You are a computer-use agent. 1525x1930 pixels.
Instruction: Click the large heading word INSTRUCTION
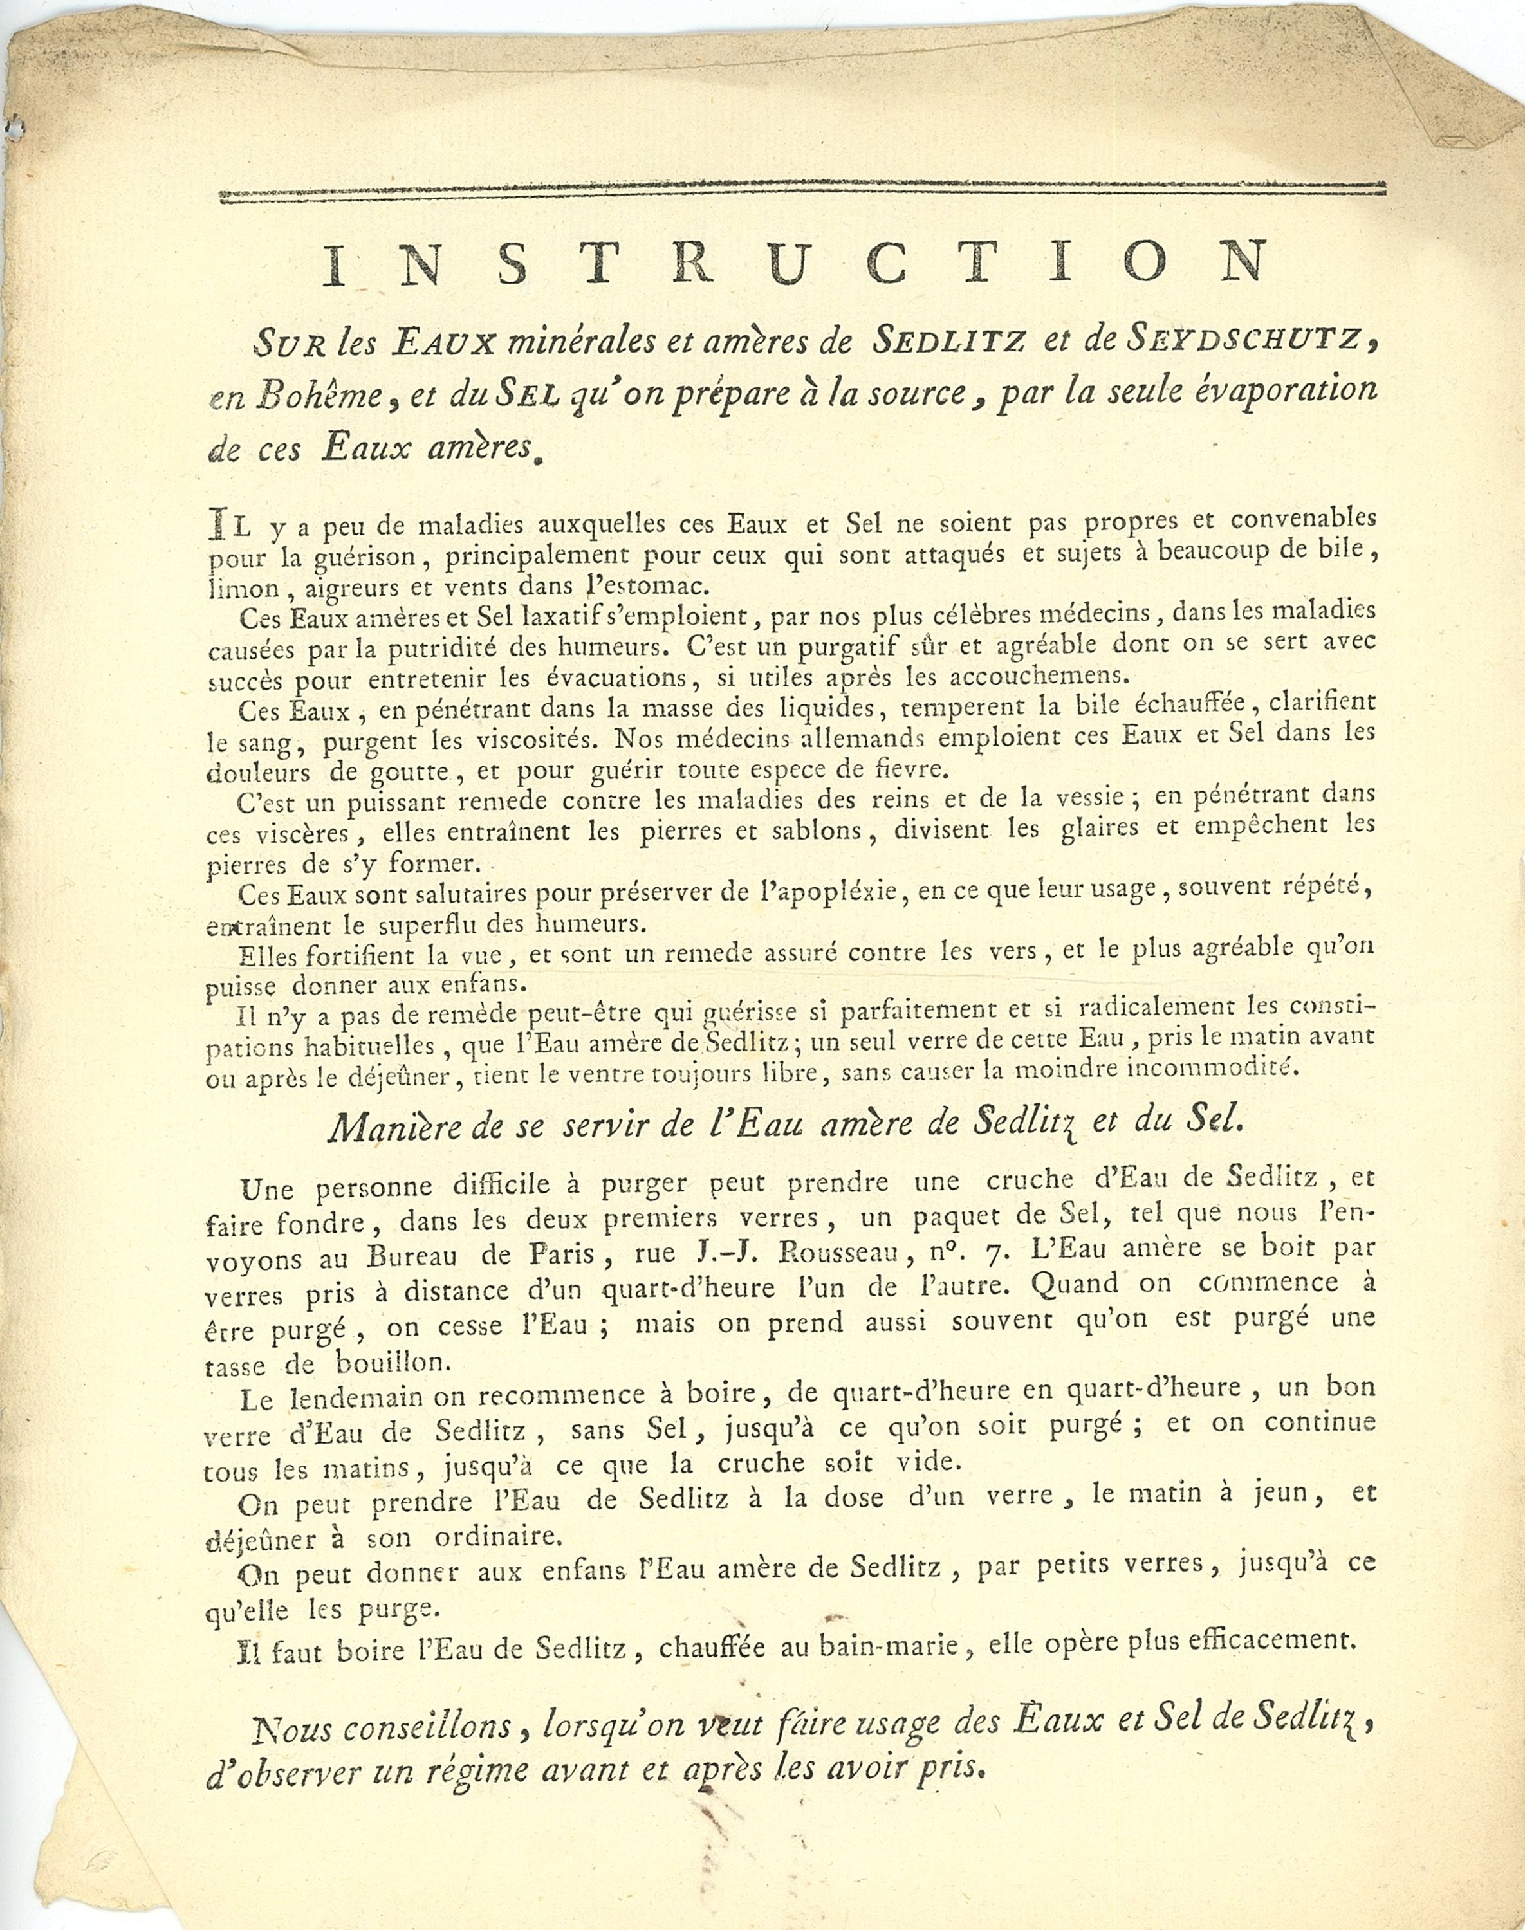pyautogui.click(x=795, y=262)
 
